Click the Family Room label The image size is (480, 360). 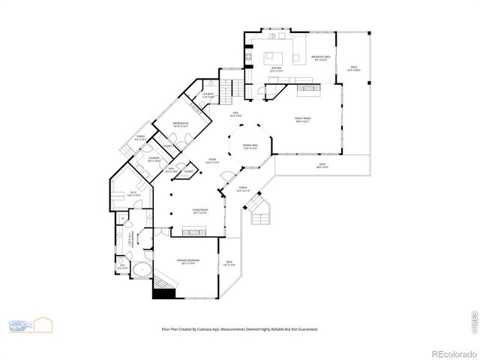point(301,119)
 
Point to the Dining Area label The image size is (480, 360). point(250,146)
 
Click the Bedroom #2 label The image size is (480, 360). point(180,124)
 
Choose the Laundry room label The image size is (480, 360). point(154,159)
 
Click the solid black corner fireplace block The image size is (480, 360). point(163,293)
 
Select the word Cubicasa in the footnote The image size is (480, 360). point(214,328)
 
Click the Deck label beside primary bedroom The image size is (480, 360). point(229,263)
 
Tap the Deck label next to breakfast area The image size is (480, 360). point(353,68)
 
